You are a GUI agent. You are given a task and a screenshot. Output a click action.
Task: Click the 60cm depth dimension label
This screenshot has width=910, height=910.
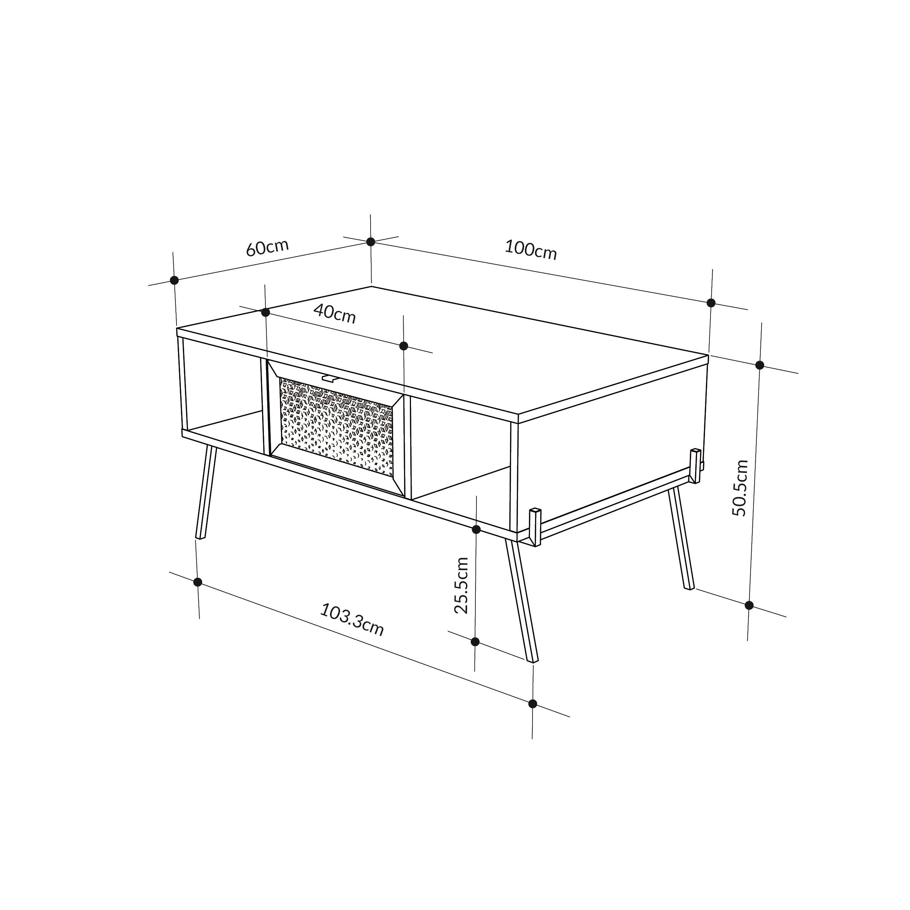268,248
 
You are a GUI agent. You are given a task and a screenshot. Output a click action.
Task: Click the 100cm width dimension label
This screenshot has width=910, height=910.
531,250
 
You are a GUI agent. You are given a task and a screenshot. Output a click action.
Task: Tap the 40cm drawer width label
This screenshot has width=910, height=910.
335,314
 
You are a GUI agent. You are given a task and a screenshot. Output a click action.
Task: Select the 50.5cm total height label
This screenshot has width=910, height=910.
740,488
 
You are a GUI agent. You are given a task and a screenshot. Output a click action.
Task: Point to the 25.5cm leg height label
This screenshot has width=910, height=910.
461,585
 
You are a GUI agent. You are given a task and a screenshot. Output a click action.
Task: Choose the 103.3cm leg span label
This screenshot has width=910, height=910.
352,620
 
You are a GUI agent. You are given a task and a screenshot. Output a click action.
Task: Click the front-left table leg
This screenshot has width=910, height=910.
206,492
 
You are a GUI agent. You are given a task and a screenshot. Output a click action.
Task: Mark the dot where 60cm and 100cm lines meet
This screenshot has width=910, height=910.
371,242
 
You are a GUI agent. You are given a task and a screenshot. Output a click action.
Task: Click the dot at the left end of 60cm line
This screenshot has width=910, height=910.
174,280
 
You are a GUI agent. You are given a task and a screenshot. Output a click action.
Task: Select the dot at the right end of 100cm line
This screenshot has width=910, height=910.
711,303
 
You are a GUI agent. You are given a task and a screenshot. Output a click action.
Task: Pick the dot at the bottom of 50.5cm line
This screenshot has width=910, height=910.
749,605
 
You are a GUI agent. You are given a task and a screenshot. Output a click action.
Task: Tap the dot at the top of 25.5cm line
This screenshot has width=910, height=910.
476,529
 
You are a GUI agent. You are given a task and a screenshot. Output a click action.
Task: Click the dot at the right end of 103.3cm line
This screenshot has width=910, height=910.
533,704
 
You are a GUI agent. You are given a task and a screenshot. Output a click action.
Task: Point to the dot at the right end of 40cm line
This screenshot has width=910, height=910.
404,346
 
